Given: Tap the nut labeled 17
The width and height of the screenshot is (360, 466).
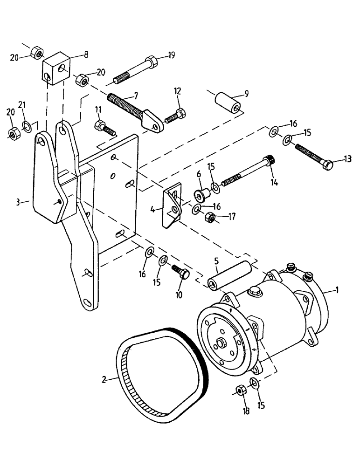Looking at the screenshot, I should (210, 217).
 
